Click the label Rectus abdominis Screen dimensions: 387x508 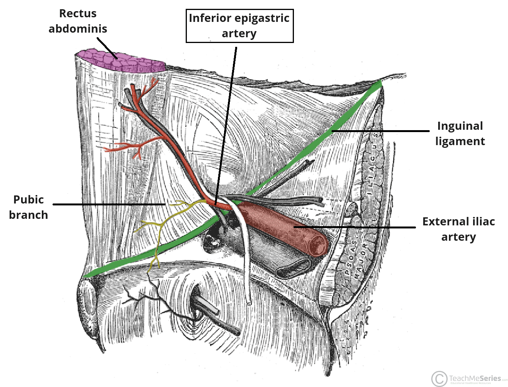point(78,21)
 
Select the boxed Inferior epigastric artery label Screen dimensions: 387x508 point(239,26)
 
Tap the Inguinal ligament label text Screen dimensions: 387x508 point(460,134)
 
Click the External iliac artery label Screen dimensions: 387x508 point(458,229)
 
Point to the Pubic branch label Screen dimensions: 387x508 point(28,207)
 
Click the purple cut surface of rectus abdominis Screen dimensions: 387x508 point(119,61)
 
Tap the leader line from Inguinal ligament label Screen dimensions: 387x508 point(380,131)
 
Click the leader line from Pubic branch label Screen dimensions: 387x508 point(107,204)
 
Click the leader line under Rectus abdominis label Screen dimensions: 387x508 point(107,48)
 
